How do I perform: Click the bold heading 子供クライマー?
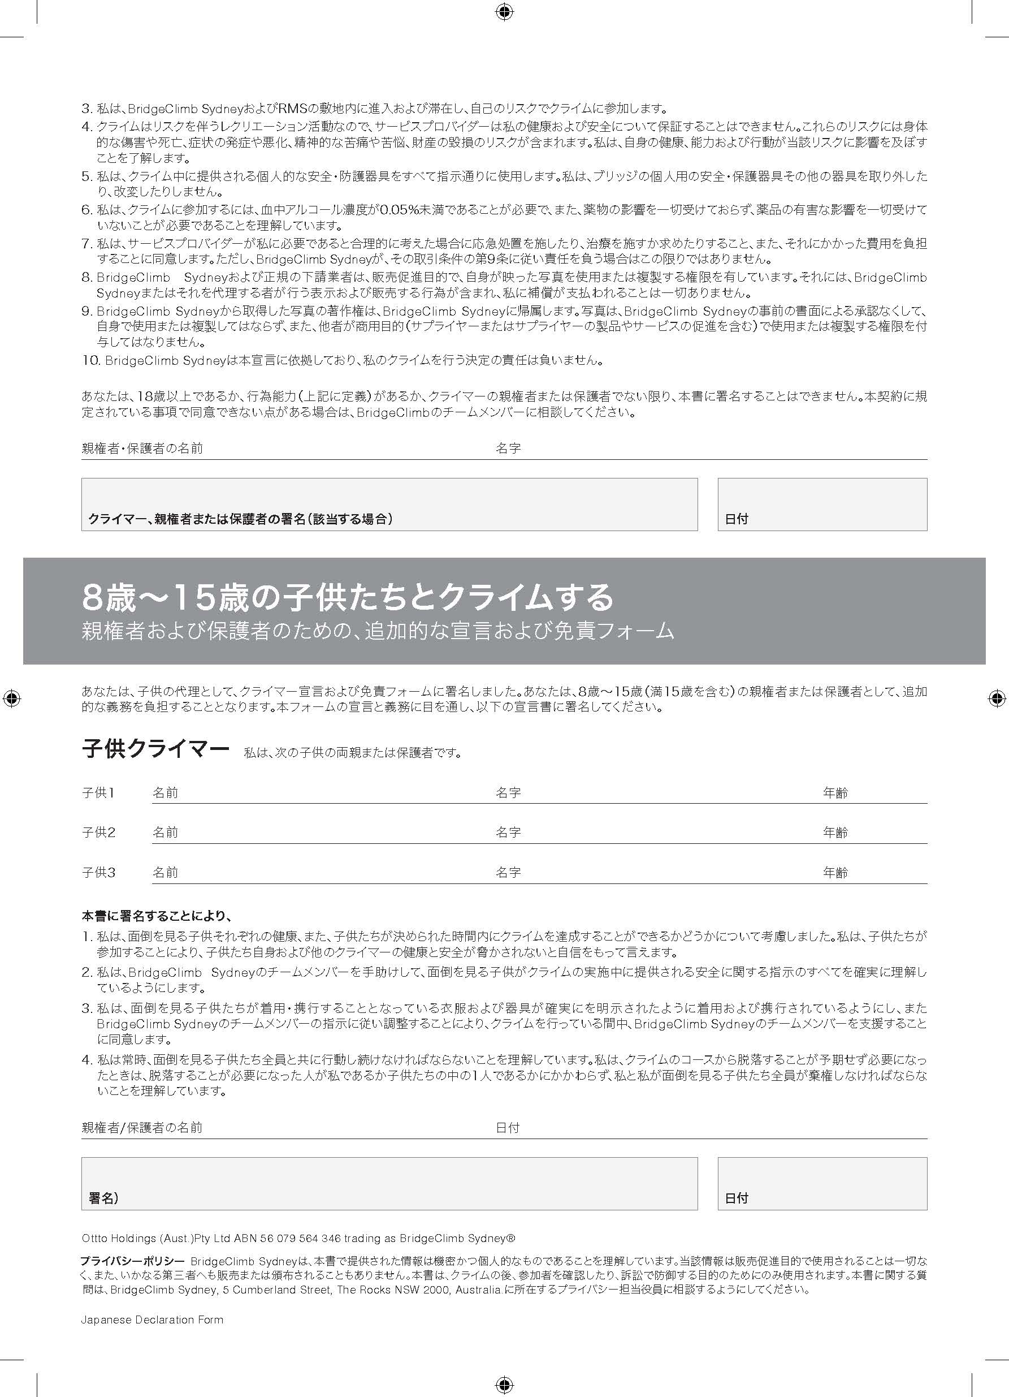(155, 750)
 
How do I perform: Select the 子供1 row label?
(98, 793)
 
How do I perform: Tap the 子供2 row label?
(98, 833)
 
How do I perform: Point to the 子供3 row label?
(98, 873)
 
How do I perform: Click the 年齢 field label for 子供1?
(835, 793)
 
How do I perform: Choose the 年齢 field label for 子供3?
(835, 873)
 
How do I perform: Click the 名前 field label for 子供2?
(166, 833)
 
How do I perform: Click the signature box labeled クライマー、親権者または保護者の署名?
(389, 503)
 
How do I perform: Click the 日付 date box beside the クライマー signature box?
(822, 503)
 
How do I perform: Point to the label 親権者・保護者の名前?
(142, 449)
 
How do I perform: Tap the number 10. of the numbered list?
(91, 360)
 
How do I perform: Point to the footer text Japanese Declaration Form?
(152, 1320)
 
